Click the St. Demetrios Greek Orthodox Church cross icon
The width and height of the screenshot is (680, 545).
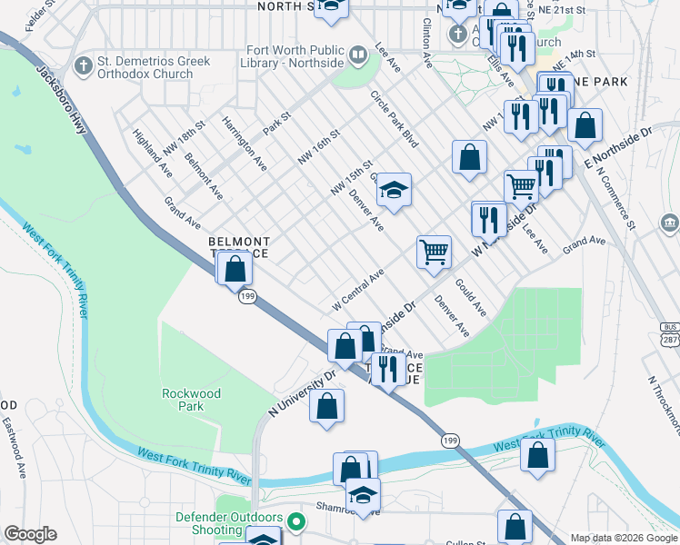(84, 64)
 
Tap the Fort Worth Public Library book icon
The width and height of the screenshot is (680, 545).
(358, 57)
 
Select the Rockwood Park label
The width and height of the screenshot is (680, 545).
(191, 400)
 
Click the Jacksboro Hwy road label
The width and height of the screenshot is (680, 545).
(62, 99)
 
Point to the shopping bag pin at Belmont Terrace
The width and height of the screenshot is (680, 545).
(235, 269)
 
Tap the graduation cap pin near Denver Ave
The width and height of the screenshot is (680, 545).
(394, 190)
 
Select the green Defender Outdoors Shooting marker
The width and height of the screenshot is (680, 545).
(295, 523)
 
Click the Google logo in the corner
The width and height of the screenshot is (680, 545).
(30, 534)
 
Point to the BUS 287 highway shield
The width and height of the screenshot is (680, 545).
(670, 332)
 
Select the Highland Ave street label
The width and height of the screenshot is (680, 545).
(152, 151)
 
